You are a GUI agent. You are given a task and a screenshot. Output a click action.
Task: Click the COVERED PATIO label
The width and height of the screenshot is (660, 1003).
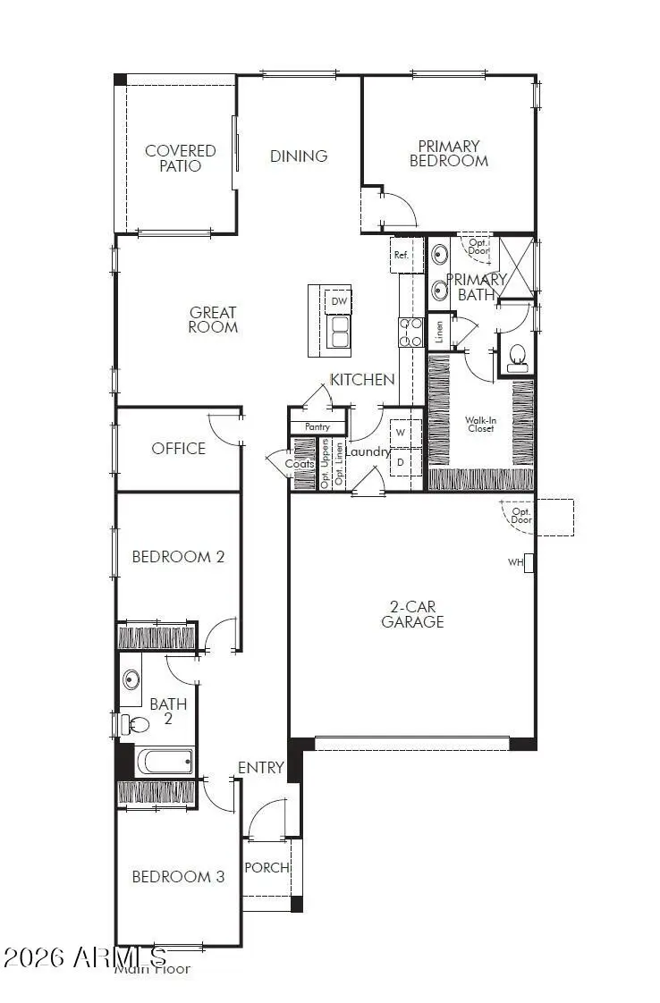click(181, 158)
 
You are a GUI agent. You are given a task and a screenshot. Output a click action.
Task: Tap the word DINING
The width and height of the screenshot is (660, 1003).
click(299, 156)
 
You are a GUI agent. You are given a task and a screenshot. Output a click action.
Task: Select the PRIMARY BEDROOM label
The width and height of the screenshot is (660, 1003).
click(449, 153)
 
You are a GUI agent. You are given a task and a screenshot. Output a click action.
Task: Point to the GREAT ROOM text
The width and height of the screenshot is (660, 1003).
click(213, 319)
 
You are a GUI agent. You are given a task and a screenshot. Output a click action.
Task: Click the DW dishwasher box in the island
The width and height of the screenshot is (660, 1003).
click(339, 301)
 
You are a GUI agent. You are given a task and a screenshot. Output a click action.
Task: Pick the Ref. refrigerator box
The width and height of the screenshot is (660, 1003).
click(402, 255)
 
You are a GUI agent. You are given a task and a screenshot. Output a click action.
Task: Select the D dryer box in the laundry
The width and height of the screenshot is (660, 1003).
click(402, 462)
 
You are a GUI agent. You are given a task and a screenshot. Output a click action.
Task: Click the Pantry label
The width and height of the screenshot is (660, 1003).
click(317, 427)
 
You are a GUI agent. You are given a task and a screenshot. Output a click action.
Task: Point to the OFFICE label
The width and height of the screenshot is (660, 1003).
click(178, 448)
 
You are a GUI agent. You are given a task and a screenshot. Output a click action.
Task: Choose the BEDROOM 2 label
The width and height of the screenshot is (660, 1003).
click(178, 556)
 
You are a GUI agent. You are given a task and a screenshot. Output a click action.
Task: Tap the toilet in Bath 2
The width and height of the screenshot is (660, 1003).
click(133, 724)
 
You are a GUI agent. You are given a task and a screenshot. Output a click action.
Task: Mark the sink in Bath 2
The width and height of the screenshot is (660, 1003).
click(131, 680)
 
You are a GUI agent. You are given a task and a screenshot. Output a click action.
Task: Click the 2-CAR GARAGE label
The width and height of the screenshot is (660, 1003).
click(412, 614)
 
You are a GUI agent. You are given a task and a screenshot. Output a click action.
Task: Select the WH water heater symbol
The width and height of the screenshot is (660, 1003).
click(529, 562)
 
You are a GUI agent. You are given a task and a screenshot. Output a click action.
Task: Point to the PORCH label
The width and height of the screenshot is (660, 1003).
click(267, 867)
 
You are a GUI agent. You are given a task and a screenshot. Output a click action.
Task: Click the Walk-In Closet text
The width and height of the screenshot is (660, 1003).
click(481, 424)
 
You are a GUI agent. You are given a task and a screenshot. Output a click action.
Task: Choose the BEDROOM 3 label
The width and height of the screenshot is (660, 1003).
click(178, 876)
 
